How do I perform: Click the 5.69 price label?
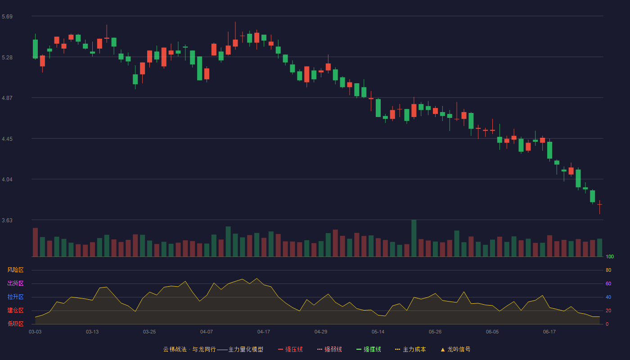click(7, 17)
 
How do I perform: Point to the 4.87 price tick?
click(7, 98)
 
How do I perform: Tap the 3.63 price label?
click(7, 220)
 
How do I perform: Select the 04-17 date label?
click(264, 332)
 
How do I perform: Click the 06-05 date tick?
click(492, 332)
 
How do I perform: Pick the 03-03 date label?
click(35, 332)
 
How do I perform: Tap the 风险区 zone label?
click(15, 270)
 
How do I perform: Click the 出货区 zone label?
click(15, 283)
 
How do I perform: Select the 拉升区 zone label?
click(15, 297)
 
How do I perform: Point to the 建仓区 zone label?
click(15, 310)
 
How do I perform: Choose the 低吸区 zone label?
click(15, 324)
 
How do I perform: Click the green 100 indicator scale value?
click(610, 256)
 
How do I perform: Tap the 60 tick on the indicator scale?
click(608, 283)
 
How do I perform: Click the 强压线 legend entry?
click(290, 349)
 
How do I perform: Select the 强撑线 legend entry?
click(369, 349)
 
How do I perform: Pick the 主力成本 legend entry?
click(410, 349)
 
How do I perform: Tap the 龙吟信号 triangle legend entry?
click(455, 349)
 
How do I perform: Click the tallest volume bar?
click(414, 238)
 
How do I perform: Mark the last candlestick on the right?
click(599, 207)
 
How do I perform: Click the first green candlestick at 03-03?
click(35, 47)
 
